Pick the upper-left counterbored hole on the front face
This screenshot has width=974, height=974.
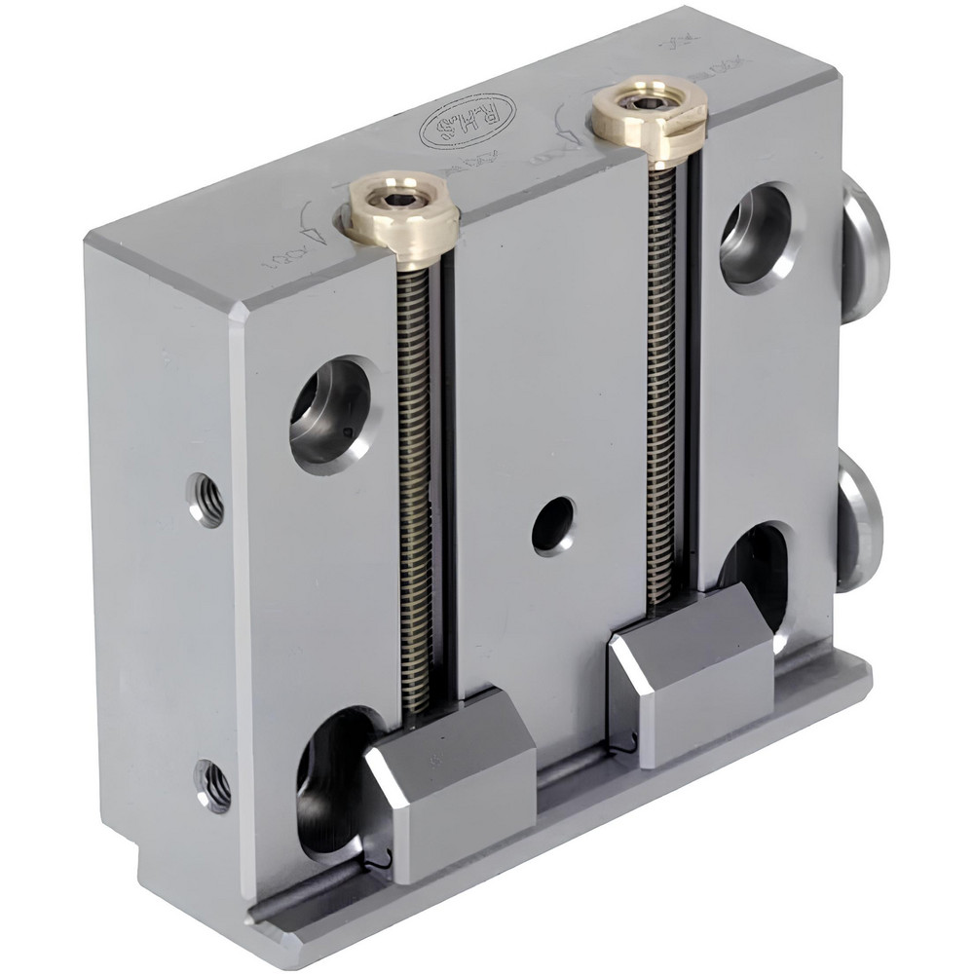331,414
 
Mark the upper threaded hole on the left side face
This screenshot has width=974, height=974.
206,499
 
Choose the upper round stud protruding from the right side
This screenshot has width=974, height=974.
862,248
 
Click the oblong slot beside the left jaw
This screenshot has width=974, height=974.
326,779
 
